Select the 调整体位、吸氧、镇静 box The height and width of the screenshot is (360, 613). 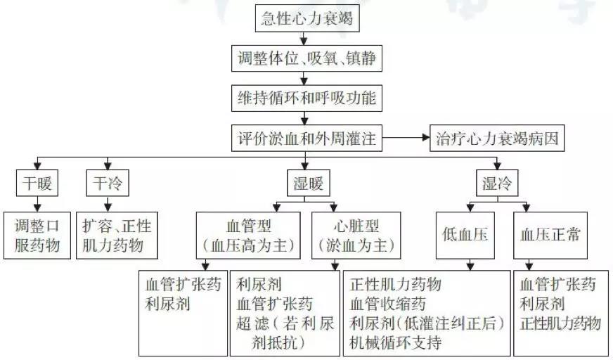306,60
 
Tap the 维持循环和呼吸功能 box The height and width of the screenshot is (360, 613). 306,98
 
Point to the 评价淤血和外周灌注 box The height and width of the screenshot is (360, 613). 306,138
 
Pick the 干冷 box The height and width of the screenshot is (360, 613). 107,185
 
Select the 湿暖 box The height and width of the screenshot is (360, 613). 306,185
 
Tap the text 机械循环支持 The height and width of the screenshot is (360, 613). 395,343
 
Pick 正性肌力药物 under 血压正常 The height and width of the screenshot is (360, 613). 560,323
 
